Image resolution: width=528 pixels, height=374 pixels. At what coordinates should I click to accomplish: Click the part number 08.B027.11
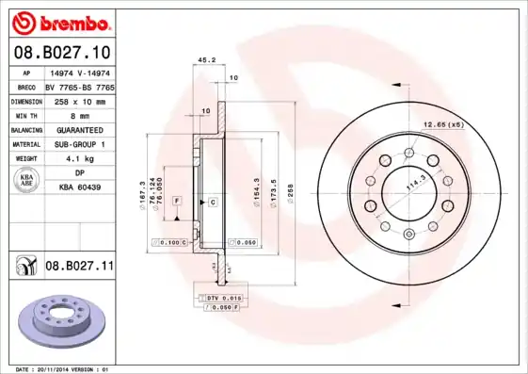(x=79, y=267)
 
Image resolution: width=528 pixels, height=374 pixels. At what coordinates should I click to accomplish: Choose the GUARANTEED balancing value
(x=79, y=129)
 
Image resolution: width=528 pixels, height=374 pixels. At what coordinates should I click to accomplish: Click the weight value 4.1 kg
(x=79, y=159)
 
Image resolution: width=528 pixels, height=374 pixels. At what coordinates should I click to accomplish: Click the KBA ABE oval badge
(x=27, y=181)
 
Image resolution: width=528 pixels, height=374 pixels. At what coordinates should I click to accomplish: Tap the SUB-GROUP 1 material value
(x=79, y=144)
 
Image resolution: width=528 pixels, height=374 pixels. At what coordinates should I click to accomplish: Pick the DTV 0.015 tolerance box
(x=217, y=298)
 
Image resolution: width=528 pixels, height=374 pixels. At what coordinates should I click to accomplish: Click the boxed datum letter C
(x=213, y=203)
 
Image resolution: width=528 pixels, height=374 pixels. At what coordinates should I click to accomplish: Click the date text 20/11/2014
(x=59, y=369)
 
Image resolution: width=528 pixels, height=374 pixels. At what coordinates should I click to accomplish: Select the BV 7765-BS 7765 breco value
(x=79, y=85)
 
